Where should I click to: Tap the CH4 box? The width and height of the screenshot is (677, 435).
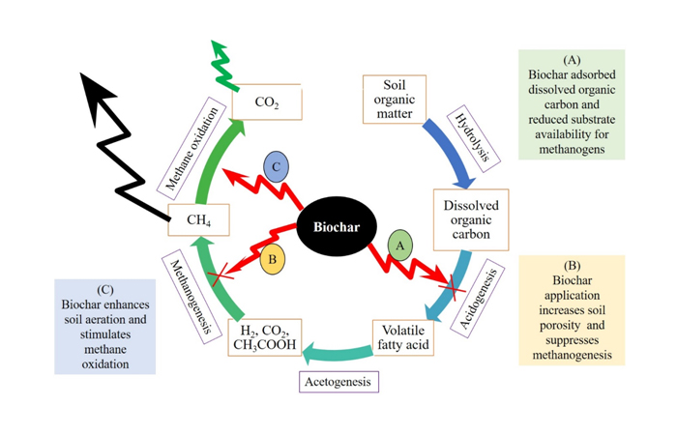pos(197,221)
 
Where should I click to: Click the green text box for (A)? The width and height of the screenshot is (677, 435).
pos(571,103)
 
